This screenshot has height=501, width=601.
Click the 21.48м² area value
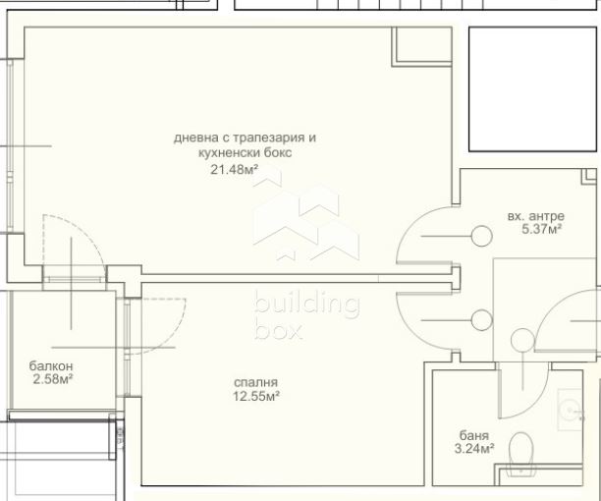coord(234,169)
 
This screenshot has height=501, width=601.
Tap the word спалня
coord(255,382)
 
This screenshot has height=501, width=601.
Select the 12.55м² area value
coord(255,396)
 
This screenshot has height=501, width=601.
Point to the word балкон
coord(51,365)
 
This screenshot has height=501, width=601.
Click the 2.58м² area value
coord(53,379)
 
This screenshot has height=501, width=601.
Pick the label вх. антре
coord(536,216)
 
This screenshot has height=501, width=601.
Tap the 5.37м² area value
coord(542,229)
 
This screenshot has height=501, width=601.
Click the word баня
coord(474,435)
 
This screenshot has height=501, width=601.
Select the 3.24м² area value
coord(474,448)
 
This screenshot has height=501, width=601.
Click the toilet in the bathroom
coord(521,454)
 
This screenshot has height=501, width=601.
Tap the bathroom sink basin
coord(571,410)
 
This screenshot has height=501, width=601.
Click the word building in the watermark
coord(306,305)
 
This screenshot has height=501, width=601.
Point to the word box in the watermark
coord(278,331)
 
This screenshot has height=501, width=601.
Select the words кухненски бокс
coord(245,152)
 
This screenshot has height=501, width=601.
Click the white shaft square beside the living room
coord(533,89)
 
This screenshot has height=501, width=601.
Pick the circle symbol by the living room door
coord(481,236)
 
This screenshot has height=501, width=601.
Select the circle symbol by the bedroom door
coord(481,320)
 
